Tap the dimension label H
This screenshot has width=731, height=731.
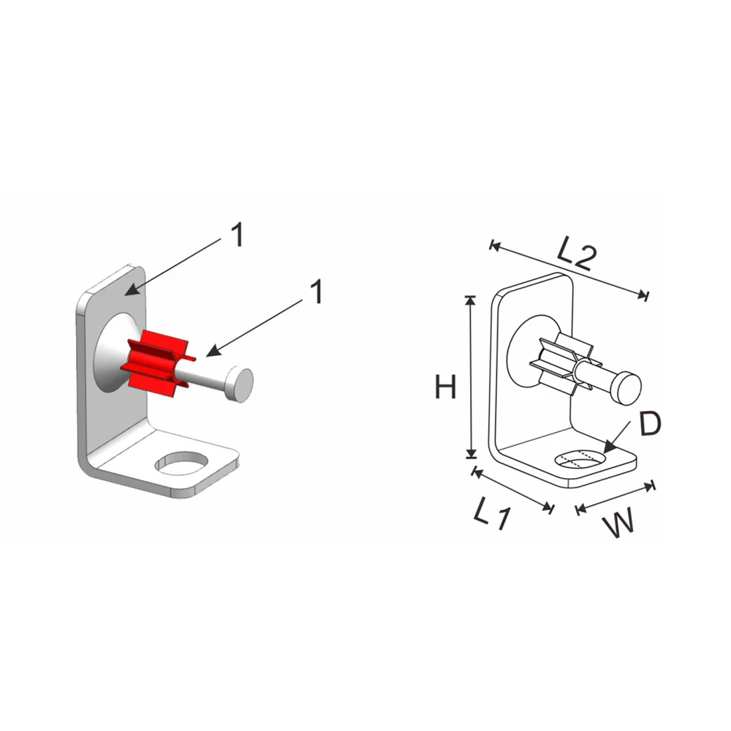click(445, 387)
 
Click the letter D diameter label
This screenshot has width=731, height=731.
click(650, 423)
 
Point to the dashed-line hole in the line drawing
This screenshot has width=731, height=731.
click(580, 459)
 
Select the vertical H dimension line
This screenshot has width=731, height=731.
click(470, 377)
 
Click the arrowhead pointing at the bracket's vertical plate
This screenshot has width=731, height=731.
click(130, 292)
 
